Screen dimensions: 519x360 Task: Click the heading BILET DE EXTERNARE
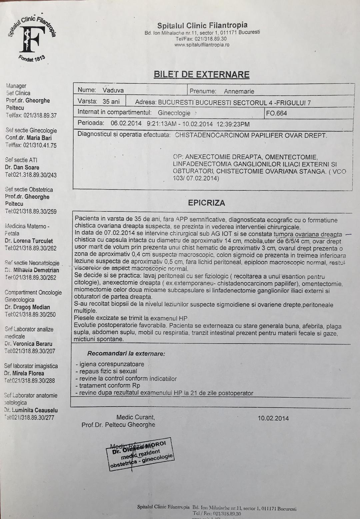point(201,74)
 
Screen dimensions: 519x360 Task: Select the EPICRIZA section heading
point(206,203)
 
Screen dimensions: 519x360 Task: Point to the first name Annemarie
point(239,91)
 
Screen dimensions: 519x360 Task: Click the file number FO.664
point(276,113)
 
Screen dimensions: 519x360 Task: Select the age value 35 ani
point(111,101)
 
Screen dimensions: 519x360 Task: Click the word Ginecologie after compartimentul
point(174,113)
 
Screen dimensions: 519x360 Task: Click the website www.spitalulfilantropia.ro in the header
point(202,45)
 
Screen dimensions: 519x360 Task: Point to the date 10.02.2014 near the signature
point(273,418)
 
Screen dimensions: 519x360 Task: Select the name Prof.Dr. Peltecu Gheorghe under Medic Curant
point(118,425)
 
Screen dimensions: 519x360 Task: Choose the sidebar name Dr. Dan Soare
point(22,167)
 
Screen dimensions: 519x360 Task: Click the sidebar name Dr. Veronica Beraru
point(28,344)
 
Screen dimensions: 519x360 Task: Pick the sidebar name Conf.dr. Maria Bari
point(29,138)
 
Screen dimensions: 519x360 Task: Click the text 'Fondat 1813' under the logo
point(32,61)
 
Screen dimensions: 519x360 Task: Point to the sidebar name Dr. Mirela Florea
point(24,373)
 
